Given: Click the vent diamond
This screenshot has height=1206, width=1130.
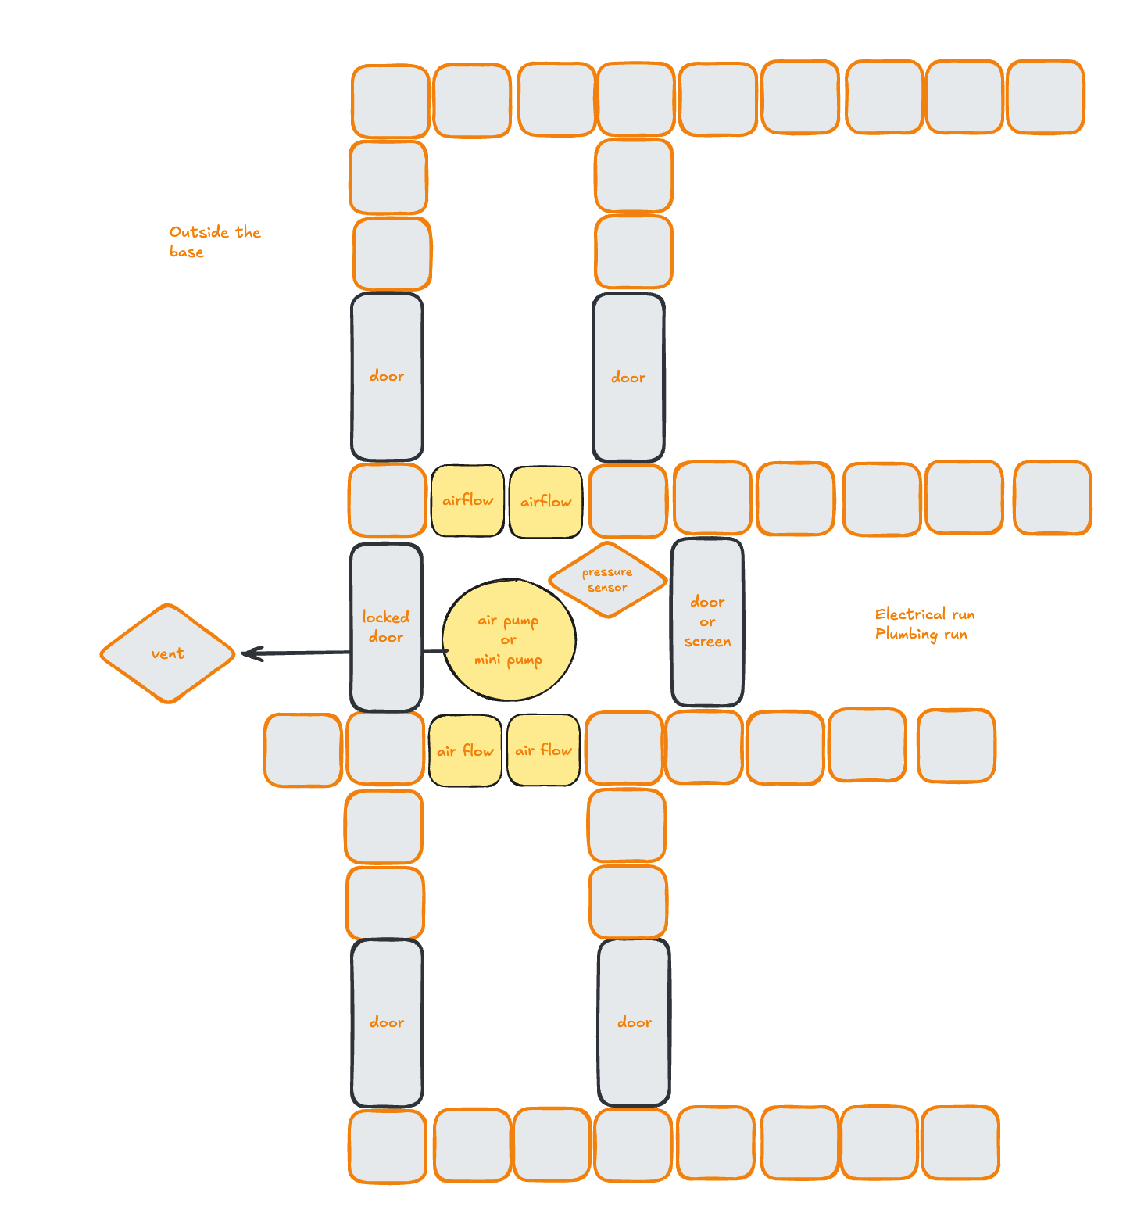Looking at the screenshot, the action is click(x=167, y=653).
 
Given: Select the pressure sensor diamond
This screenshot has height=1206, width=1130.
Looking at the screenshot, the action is click(x=607, y=580).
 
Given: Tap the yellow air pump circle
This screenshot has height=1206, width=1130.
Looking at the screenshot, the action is click(x=509, y=640).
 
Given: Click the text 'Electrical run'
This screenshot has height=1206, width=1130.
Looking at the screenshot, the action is click(x=924, y=614).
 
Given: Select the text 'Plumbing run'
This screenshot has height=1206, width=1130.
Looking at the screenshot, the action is click(x=921, y=634).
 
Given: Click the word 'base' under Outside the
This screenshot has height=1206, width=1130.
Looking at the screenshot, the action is click(x=187, y=252).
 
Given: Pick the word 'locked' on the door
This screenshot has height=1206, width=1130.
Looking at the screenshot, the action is click(x=386, y=617).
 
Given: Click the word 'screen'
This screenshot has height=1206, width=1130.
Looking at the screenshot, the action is click(x=707, y=642).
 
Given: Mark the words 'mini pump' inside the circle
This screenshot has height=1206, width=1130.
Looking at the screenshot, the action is click(x=508, y=660).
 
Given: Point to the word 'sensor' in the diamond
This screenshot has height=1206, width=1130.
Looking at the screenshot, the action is click(x=607, y=588).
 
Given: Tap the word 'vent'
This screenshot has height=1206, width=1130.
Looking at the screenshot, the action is click(x=167, y=653).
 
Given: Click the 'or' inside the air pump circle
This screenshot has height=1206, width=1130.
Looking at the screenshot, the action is click(x=508, y=640).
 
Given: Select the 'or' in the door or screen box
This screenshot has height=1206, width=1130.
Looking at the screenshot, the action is click(x=707, y=622).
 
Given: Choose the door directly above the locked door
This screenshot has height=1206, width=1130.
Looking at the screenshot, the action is click(x=387, y=376).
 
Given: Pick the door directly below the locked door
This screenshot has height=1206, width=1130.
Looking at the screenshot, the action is click(x=387, y=1022).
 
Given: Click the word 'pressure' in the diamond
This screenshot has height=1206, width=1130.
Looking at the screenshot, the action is click(x=607, y=572).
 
